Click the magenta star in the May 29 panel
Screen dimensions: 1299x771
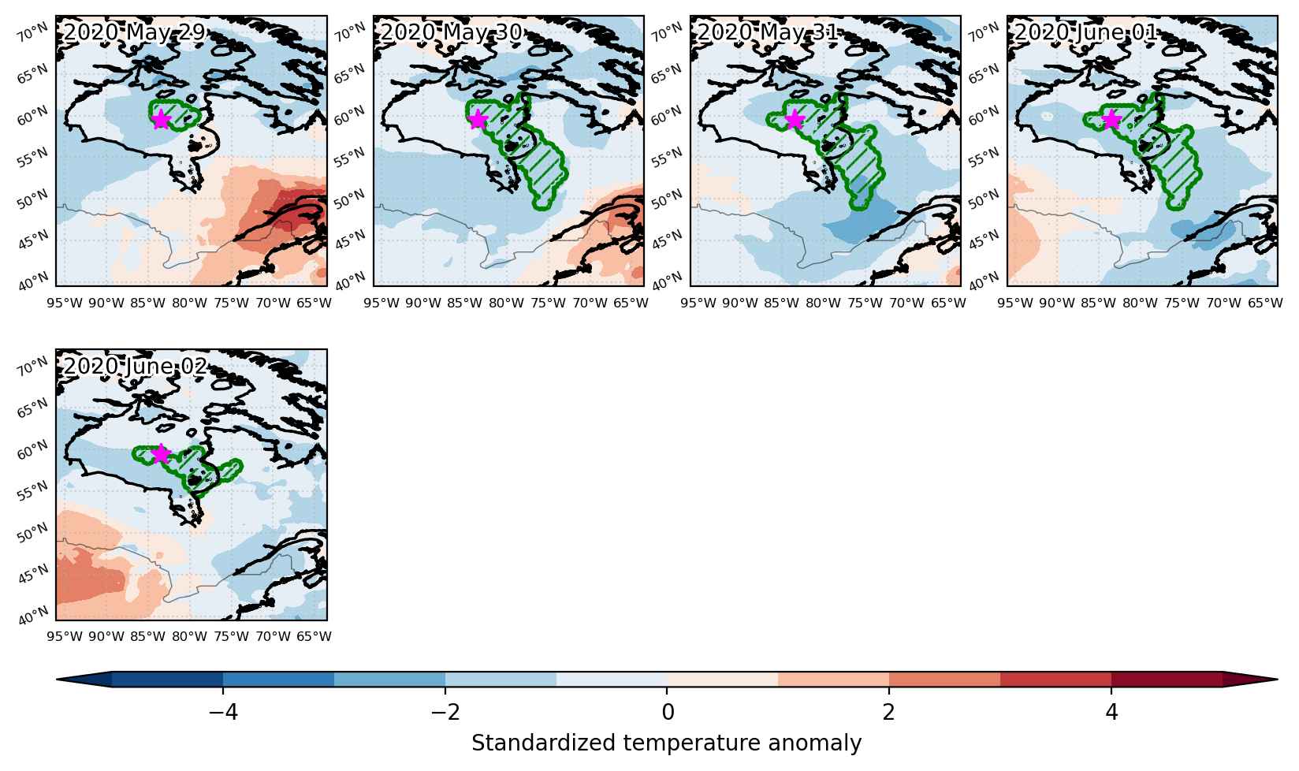(161, 120)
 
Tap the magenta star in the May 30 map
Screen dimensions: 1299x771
(477, 120)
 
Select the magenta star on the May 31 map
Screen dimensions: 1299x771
(795, 120)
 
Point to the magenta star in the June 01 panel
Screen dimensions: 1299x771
(1111, 120)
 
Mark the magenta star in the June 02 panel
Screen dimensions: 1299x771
(161, 453)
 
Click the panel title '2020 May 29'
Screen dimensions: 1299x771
(135, 32)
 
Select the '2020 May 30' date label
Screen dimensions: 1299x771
(451, 32)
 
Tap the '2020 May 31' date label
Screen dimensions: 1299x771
(768, 32)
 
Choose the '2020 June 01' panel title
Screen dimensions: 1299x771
(1085, 32)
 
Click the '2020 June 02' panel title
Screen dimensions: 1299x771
(135, 366)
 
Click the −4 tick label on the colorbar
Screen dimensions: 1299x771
(223, 712)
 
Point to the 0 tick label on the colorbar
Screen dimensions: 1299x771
(668, 712)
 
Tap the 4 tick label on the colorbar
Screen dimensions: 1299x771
(1111, 712)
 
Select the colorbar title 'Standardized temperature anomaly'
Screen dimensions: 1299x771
(666, 743)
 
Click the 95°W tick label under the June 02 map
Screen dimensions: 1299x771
(65, 636)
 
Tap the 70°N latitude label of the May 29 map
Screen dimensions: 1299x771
(32, 34)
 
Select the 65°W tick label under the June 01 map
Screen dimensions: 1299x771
(1265, 303)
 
